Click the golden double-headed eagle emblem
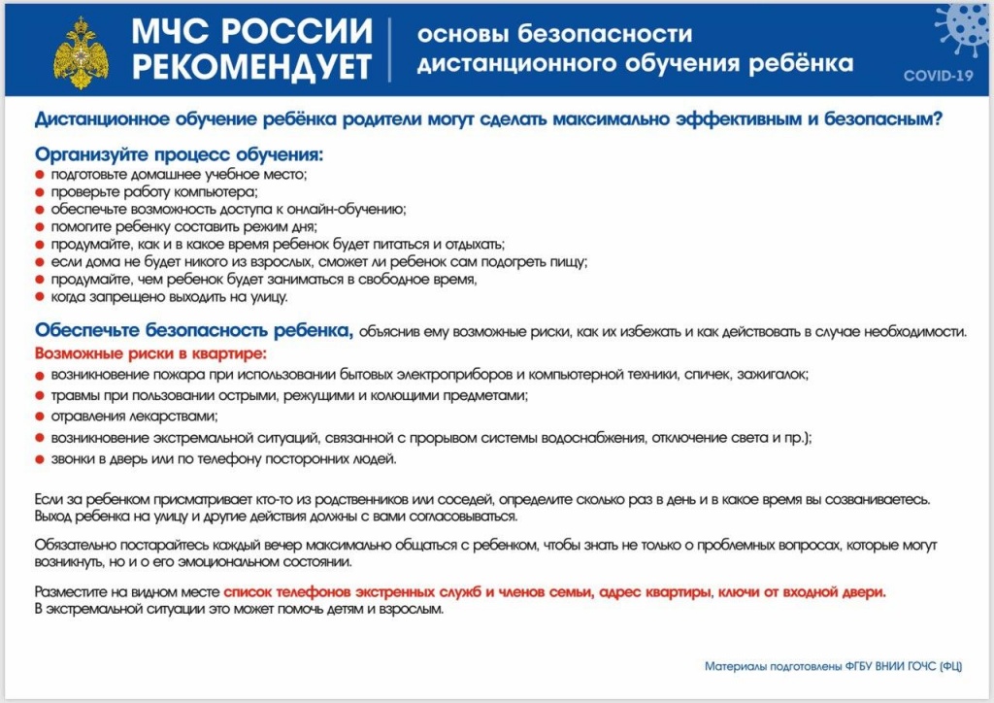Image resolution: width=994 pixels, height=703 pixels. (x=81, y=52)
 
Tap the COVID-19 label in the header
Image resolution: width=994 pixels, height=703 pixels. (x=939, y=76)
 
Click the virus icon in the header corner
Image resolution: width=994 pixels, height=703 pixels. (x=962, y=28)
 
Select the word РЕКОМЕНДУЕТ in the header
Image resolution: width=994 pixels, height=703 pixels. (x=251, y=67)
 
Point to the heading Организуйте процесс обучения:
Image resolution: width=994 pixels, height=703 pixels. (x=179, y=154)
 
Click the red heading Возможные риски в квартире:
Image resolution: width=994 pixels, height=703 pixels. (x=150, y=353)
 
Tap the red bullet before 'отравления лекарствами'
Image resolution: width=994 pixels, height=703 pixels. (x=39, y=418)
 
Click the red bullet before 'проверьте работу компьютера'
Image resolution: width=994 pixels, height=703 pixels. (x=39, y=192)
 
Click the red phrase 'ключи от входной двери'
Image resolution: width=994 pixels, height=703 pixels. (x=802, y=592)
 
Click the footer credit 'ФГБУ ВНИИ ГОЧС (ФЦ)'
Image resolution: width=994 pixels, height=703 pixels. (x=904, y=666)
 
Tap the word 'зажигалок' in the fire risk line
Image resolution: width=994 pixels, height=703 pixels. (x=773, y=375)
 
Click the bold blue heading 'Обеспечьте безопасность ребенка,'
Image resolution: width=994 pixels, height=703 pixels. (x=194, y=330)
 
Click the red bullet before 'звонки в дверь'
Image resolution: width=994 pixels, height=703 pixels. (x=39, y=459)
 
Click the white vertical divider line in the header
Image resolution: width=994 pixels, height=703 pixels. (x=389, y=50)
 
